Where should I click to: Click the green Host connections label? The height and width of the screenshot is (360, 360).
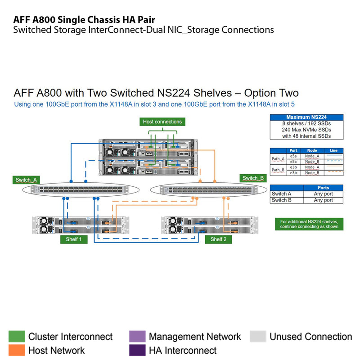pos(162,121)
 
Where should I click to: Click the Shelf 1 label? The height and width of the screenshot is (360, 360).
pos(74,239)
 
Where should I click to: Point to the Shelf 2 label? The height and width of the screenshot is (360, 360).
pos(218,239)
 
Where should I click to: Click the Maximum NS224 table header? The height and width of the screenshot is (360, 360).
pos(306,117)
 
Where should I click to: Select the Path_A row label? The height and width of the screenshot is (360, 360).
pos(278,158)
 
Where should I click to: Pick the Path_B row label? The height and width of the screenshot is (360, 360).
pos(278,170)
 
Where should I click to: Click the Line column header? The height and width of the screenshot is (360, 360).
pos(333,151)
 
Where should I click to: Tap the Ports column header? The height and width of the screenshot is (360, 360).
pos(323,188)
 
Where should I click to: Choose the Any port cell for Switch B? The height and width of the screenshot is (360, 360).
pos(323,200)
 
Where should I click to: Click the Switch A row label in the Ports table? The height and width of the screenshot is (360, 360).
pos(282,194)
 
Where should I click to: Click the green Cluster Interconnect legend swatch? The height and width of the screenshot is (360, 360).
pos(17,337)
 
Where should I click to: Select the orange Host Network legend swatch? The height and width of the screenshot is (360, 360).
pos(17,350)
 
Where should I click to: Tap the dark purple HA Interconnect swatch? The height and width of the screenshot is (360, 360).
pos(137,350)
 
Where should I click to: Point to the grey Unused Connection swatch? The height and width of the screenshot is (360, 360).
pos(258,337)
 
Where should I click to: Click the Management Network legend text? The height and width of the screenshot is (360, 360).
pos(194,337)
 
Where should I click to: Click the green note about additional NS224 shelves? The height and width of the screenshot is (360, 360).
pos(309,224)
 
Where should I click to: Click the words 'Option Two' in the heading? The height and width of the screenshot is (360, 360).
pos(271,93)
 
